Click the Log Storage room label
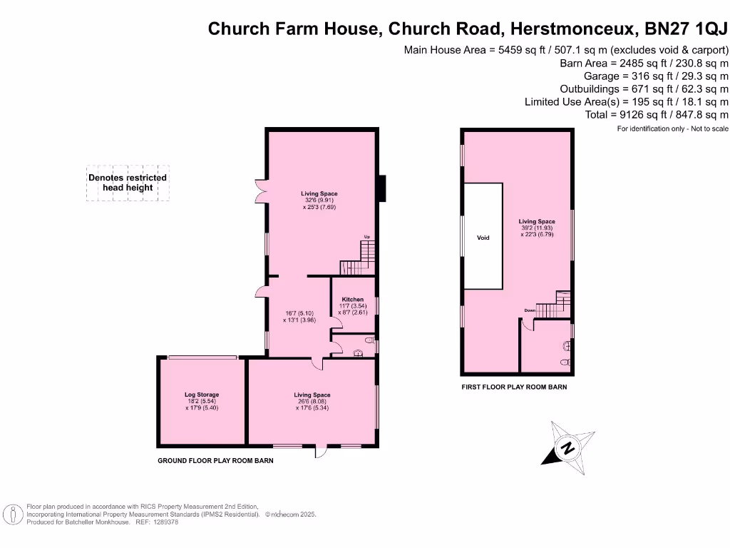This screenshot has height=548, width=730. tap(202, 395)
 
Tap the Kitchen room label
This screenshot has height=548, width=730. tap(352, 300)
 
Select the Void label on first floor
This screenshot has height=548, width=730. tap(483, 238)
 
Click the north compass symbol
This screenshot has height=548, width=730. tap(568, 448)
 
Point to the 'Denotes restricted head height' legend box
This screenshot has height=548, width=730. tap(128, 183)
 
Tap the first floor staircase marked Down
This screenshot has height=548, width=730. tap(552, 307)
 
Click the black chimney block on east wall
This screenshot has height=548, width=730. tap(381, 188)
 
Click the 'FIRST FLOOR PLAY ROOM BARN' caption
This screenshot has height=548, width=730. tap(514, 387)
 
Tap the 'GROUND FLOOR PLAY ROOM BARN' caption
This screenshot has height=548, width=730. tap(215, 461)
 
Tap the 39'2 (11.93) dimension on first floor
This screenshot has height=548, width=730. tap(537, 228)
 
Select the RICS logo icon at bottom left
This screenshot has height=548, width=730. tap(11, 514)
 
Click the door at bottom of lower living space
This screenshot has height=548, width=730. tap(321, 451)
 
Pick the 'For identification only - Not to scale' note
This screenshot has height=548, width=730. tap(672, 128)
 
